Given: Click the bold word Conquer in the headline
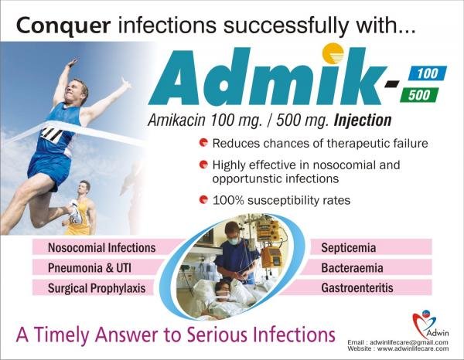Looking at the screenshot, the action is pos(63,26).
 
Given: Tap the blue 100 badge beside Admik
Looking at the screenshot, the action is pos(428,73).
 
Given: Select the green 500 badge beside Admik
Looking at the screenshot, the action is pos(419,95).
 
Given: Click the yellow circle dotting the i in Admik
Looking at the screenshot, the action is pos(333,54).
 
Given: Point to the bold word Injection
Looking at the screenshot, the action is pos(363,121).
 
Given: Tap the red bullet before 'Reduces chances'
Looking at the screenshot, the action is pos(203,143).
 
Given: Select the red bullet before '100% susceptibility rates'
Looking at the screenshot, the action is pos(203,199).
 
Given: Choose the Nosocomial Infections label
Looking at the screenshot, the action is pos(102,248).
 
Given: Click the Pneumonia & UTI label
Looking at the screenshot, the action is pos(90,268).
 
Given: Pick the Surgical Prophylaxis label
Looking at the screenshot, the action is pos(97,288).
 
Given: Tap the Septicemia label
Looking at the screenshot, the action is pos(349,248).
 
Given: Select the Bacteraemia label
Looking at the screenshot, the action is pos(352,268).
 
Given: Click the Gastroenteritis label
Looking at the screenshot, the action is pos(357,288).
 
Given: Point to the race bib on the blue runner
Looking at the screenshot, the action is pos(52,134).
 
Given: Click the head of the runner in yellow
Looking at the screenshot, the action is pos(84,187).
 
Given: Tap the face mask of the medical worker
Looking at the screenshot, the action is pos(234,240).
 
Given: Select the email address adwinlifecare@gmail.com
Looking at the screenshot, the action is pos(409,342).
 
